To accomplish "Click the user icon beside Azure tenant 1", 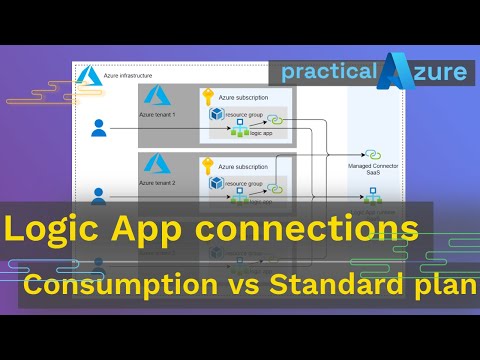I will coord(98,127).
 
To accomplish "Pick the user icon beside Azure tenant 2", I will coord(98,194).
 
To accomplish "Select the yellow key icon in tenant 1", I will coord(208,96).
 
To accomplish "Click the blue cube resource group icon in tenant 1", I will coord(214,115).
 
